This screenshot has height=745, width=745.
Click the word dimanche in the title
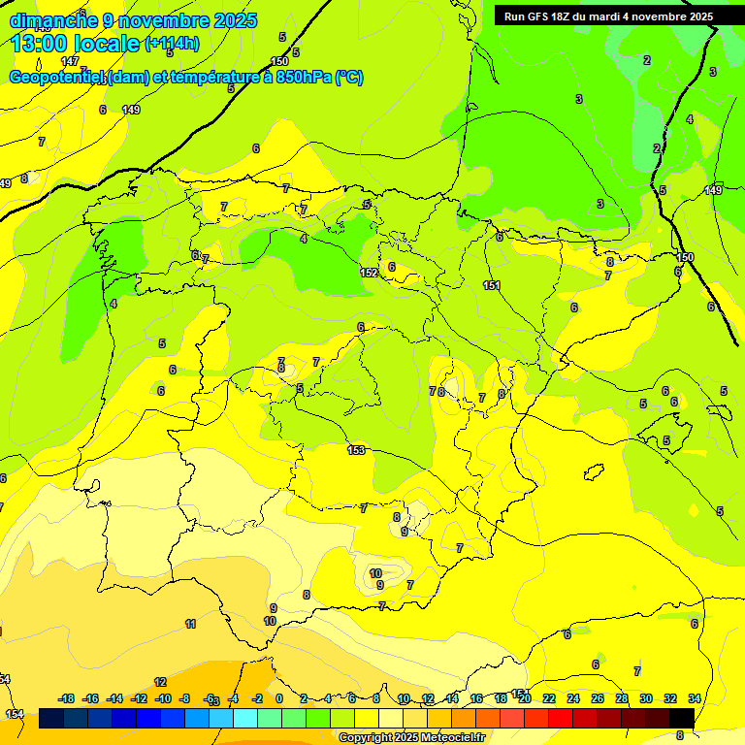53,20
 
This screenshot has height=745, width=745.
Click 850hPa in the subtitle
303,78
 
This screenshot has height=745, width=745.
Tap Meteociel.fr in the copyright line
448,738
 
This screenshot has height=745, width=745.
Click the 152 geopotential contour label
369,273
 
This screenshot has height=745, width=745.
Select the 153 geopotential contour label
356,449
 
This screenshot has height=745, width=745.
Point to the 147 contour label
70,61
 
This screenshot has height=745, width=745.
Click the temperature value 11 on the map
190,624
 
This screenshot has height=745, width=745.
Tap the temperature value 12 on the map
160,682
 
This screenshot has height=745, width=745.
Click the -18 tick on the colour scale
67,698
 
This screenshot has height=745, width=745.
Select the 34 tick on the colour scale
695,698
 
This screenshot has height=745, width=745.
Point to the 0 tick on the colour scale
279,698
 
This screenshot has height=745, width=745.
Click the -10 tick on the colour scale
163,698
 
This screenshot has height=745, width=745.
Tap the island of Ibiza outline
594,472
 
